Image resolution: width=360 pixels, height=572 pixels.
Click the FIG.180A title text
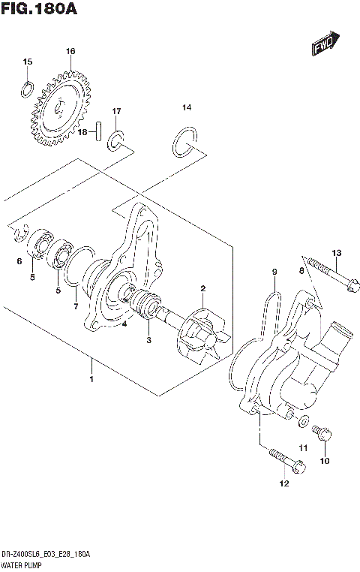(x=39, y=10)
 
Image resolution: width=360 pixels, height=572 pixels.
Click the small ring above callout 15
(x=27, y=89)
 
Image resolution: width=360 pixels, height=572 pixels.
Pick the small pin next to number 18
(x=98, y=131)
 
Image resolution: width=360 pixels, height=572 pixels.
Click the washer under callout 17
(x=118, y=139)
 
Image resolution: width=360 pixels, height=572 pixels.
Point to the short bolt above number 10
(x=323, y=435)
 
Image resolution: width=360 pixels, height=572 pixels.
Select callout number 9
(x=274, y=271)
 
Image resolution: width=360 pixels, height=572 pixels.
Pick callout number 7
(x=74, y=307)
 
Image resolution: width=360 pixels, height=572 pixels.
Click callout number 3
(x=148, y=340)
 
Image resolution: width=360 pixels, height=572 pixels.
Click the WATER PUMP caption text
(x=23, y=564)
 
